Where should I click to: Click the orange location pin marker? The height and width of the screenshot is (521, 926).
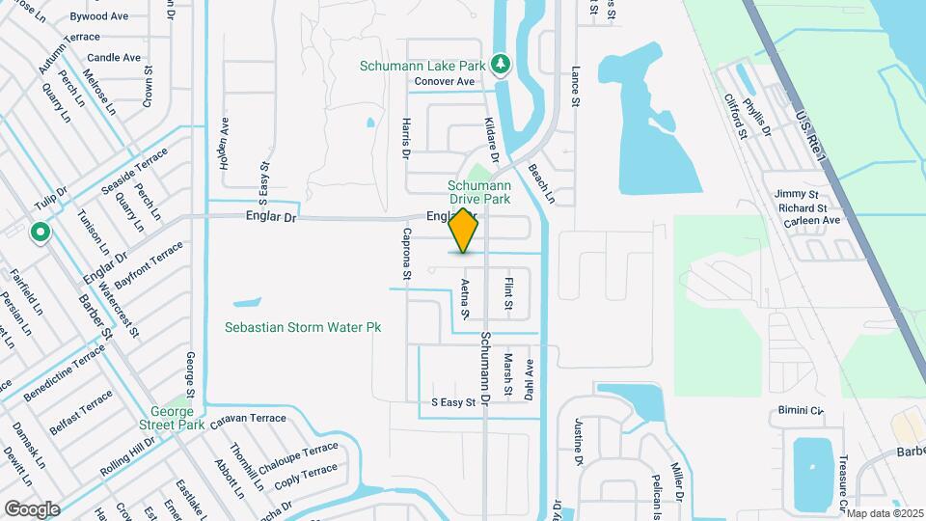pyautogui.click(x=464, y=231)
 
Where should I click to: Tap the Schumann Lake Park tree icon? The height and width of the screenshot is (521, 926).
pyautogui.click(x=500, y=65)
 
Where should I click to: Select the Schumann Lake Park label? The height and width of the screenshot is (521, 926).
pyautogui.click(x=422, y=66)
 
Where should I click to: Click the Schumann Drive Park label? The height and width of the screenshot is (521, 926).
pyautogui.click(x=478, y=192)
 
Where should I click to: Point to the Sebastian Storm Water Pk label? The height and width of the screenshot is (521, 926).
pyautogui.click(x=303, y=328)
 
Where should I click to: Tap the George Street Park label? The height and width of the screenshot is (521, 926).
pyautogui.click(x=177, y=417)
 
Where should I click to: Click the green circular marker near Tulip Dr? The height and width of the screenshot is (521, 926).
pyautogui.click(x=41, y=233)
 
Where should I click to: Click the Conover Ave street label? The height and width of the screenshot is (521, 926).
pyautogui.click(x=445, y=82)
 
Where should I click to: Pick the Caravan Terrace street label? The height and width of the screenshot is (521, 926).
pyautogui.click(x=250, y=418)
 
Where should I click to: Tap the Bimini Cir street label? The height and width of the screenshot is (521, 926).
pyautogui.click(x=802, y=410)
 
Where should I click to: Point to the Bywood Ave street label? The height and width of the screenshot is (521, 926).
pyautogui.click(x=99, y=16)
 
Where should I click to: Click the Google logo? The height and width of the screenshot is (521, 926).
pyautogui.click(x=32, y=508)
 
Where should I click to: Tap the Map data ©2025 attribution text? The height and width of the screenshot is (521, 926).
pyautogui.click(x=885, y=513)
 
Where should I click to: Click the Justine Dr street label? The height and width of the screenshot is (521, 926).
pyautogui.click(x=579, y=440)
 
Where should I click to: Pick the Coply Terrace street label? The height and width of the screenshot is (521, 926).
pyautogui.click(x=306, y=475)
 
